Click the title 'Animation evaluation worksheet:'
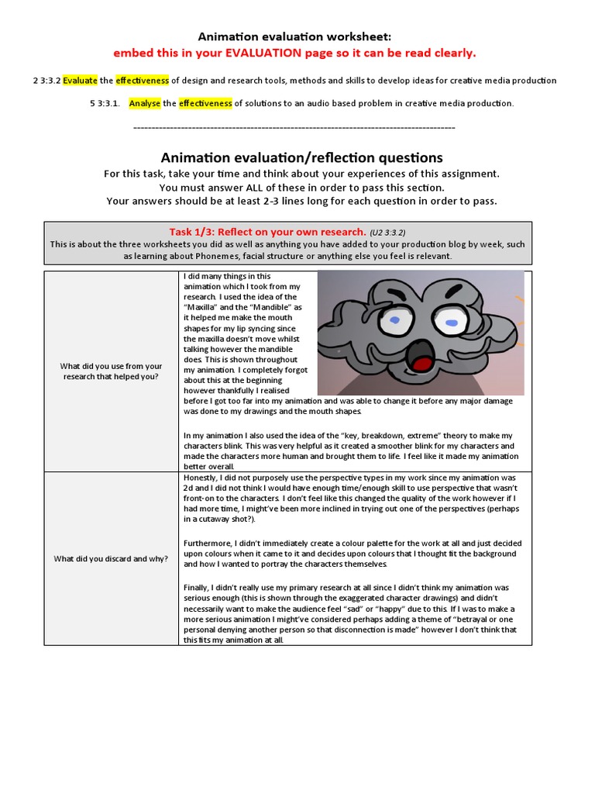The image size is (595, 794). click(x=294, y=36)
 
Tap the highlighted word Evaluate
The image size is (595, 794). click(x=80, y=81)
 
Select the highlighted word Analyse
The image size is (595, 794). click(x=144, y=103)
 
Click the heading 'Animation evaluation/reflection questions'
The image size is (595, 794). click(x=301, y=157)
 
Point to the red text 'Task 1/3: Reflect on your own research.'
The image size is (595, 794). click(x=267, y=231)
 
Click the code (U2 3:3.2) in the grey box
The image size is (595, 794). click(x=387, y=232)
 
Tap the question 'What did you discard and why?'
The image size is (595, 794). click(x=111, y=558)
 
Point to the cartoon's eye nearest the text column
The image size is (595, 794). click(x=395, y=319)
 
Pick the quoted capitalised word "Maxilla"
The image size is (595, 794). click(x=201, y=307)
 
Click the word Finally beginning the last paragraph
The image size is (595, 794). click(x=197, y=587)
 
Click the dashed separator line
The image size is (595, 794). click(x=294, y=126)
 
